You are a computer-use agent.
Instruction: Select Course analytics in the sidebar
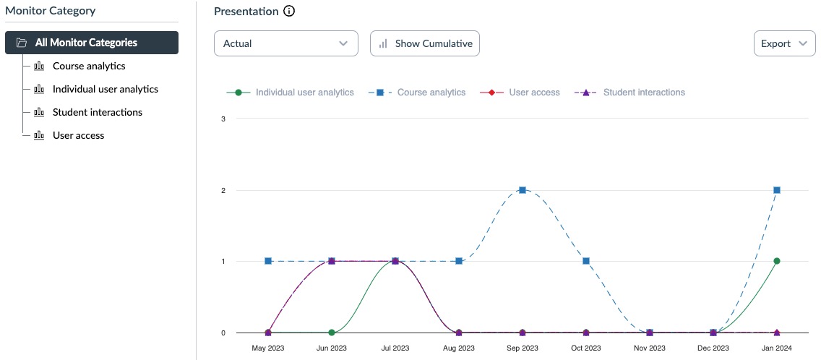[88, 66]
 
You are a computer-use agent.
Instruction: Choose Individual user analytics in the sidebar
[105, 89]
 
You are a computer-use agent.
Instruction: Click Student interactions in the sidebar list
[97, 112]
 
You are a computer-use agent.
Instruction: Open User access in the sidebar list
[78, 135]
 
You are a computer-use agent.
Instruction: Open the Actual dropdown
[285, 43]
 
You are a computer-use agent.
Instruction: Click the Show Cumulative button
[425, 43]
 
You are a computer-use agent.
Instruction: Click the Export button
[783, 43]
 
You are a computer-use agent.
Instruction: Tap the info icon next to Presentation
[289, 12]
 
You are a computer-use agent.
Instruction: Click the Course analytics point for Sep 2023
[523, 189]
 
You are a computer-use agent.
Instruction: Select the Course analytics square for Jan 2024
[777, 189]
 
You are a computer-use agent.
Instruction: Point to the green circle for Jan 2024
[777, 261]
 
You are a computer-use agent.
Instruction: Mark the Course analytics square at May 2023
[268, 261]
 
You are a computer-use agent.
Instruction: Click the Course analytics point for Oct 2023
[586, 261]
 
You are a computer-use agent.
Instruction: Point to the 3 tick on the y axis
[223, 119]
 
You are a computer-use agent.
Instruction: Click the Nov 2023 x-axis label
[650, 348]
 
